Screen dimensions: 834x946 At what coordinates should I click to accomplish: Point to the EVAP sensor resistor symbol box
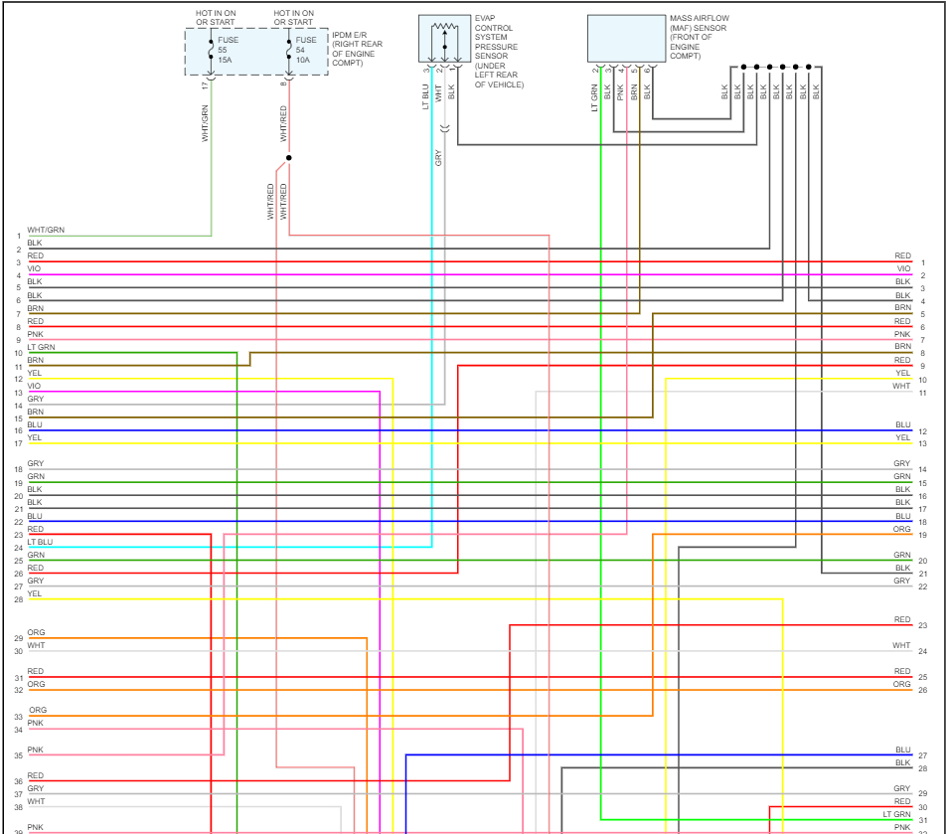(x=443, y=39)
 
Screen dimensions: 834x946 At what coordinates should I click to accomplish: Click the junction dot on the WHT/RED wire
(x=289, y=157)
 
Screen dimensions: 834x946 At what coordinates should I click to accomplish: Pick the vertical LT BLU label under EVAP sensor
(x=424, y=95)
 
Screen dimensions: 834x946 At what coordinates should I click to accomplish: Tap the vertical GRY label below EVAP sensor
(x=437, y=157)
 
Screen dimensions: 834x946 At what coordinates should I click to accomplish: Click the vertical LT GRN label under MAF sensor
(x=594, y=95)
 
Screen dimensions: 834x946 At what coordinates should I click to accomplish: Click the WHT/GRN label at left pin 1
(x=46, y=231)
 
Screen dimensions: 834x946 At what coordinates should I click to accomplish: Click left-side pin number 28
(x=18, y=600)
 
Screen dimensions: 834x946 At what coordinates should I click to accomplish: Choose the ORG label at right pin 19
(x=901, y=530)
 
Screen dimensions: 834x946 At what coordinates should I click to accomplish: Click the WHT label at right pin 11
(x=901, y=386)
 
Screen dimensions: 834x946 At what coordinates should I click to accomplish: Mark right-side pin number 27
(x=923, y=756)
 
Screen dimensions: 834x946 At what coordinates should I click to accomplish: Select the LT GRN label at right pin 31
(x=896, y=814)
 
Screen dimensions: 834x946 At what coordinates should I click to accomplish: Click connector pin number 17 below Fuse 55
(x=206, y=84)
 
